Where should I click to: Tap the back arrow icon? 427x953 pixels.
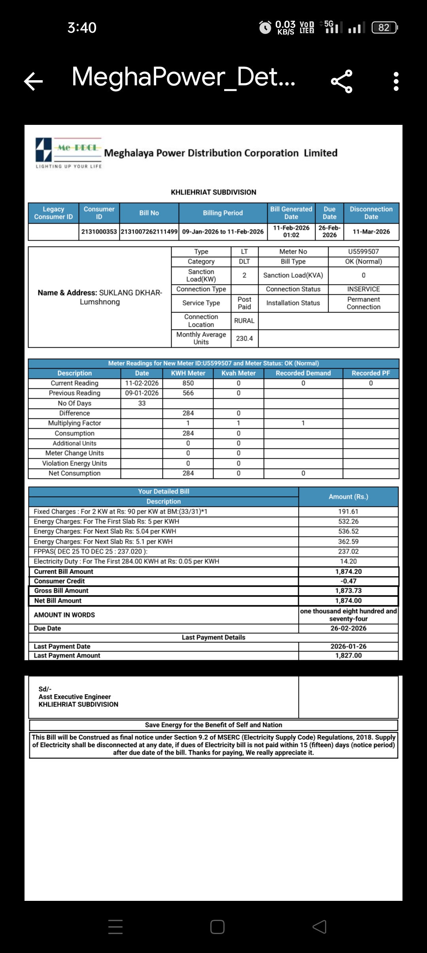[x=33, y=81]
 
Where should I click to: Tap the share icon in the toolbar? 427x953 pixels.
[x=342, y=81]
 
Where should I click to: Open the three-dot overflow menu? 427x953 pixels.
[x=396, y=81]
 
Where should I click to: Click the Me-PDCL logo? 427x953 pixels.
[x=68, y=153]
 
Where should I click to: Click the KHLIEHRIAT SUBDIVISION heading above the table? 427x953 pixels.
[x=213, y=192]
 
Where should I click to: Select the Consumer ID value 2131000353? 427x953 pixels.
[x=99, y=232]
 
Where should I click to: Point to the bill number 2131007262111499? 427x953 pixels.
[x=149, y=232]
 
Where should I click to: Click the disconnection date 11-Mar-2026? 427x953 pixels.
[x=371, y=232]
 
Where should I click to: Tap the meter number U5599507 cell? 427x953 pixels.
[x=363, y=252]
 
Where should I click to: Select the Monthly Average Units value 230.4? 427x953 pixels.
[x=244, y=339]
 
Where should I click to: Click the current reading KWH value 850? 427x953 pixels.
[x=188, y=383]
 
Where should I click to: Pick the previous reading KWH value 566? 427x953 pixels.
[x=188, y=393]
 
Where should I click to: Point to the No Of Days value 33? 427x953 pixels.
[x=142, y=403]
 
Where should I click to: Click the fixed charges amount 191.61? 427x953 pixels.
[x=348, y=512]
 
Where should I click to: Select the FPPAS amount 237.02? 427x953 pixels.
[x=348, y=552]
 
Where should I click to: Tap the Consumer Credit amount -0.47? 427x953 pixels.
[x=348, y=581]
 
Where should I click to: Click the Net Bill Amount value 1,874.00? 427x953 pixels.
[x=348, y=601]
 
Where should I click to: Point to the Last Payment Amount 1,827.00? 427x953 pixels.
[x=348, y=655]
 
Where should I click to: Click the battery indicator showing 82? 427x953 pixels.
[x=384, y=28]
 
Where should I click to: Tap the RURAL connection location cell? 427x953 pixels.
[x=244, y=321]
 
